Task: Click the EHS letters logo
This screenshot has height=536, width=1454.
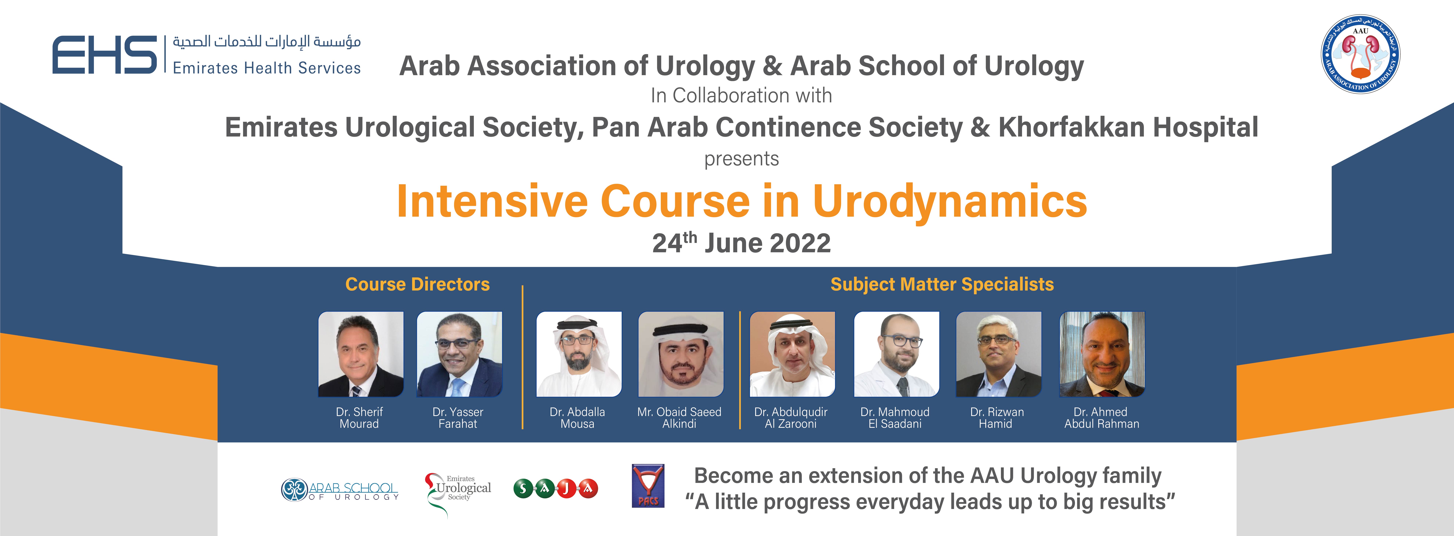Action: (x=104, y=55)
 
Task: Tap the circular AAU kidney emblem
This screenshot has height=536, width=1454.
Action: (x=1360, y=54)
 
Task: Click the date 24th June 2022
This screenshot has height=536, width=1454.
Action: (x=741, y=243)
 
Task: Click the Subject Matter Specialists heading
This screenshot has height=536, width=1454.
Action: (x=942, y=284)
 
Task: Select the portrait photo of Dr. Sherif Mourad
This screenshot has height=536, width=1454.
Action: (x=361, y=354)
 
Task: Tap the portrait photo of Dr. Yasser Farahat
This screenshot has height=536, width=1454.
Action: (x=459, y=354)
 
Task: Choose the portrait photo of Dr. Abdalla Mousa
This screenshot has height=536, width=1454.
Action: (x=579, y=354)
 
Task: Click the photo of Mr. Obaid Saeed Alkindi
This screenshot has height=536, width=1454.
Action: (x=681, y=354)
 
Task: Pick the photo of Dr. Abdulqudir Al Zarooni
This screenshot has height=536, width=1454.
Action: (x=792, y=354)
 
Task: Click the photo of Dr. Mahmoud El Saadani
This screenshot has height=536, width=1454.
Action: (x=896, y=354)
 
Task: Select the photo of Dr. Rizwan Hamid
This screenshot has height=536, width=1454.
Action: (x=998, y=354)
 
